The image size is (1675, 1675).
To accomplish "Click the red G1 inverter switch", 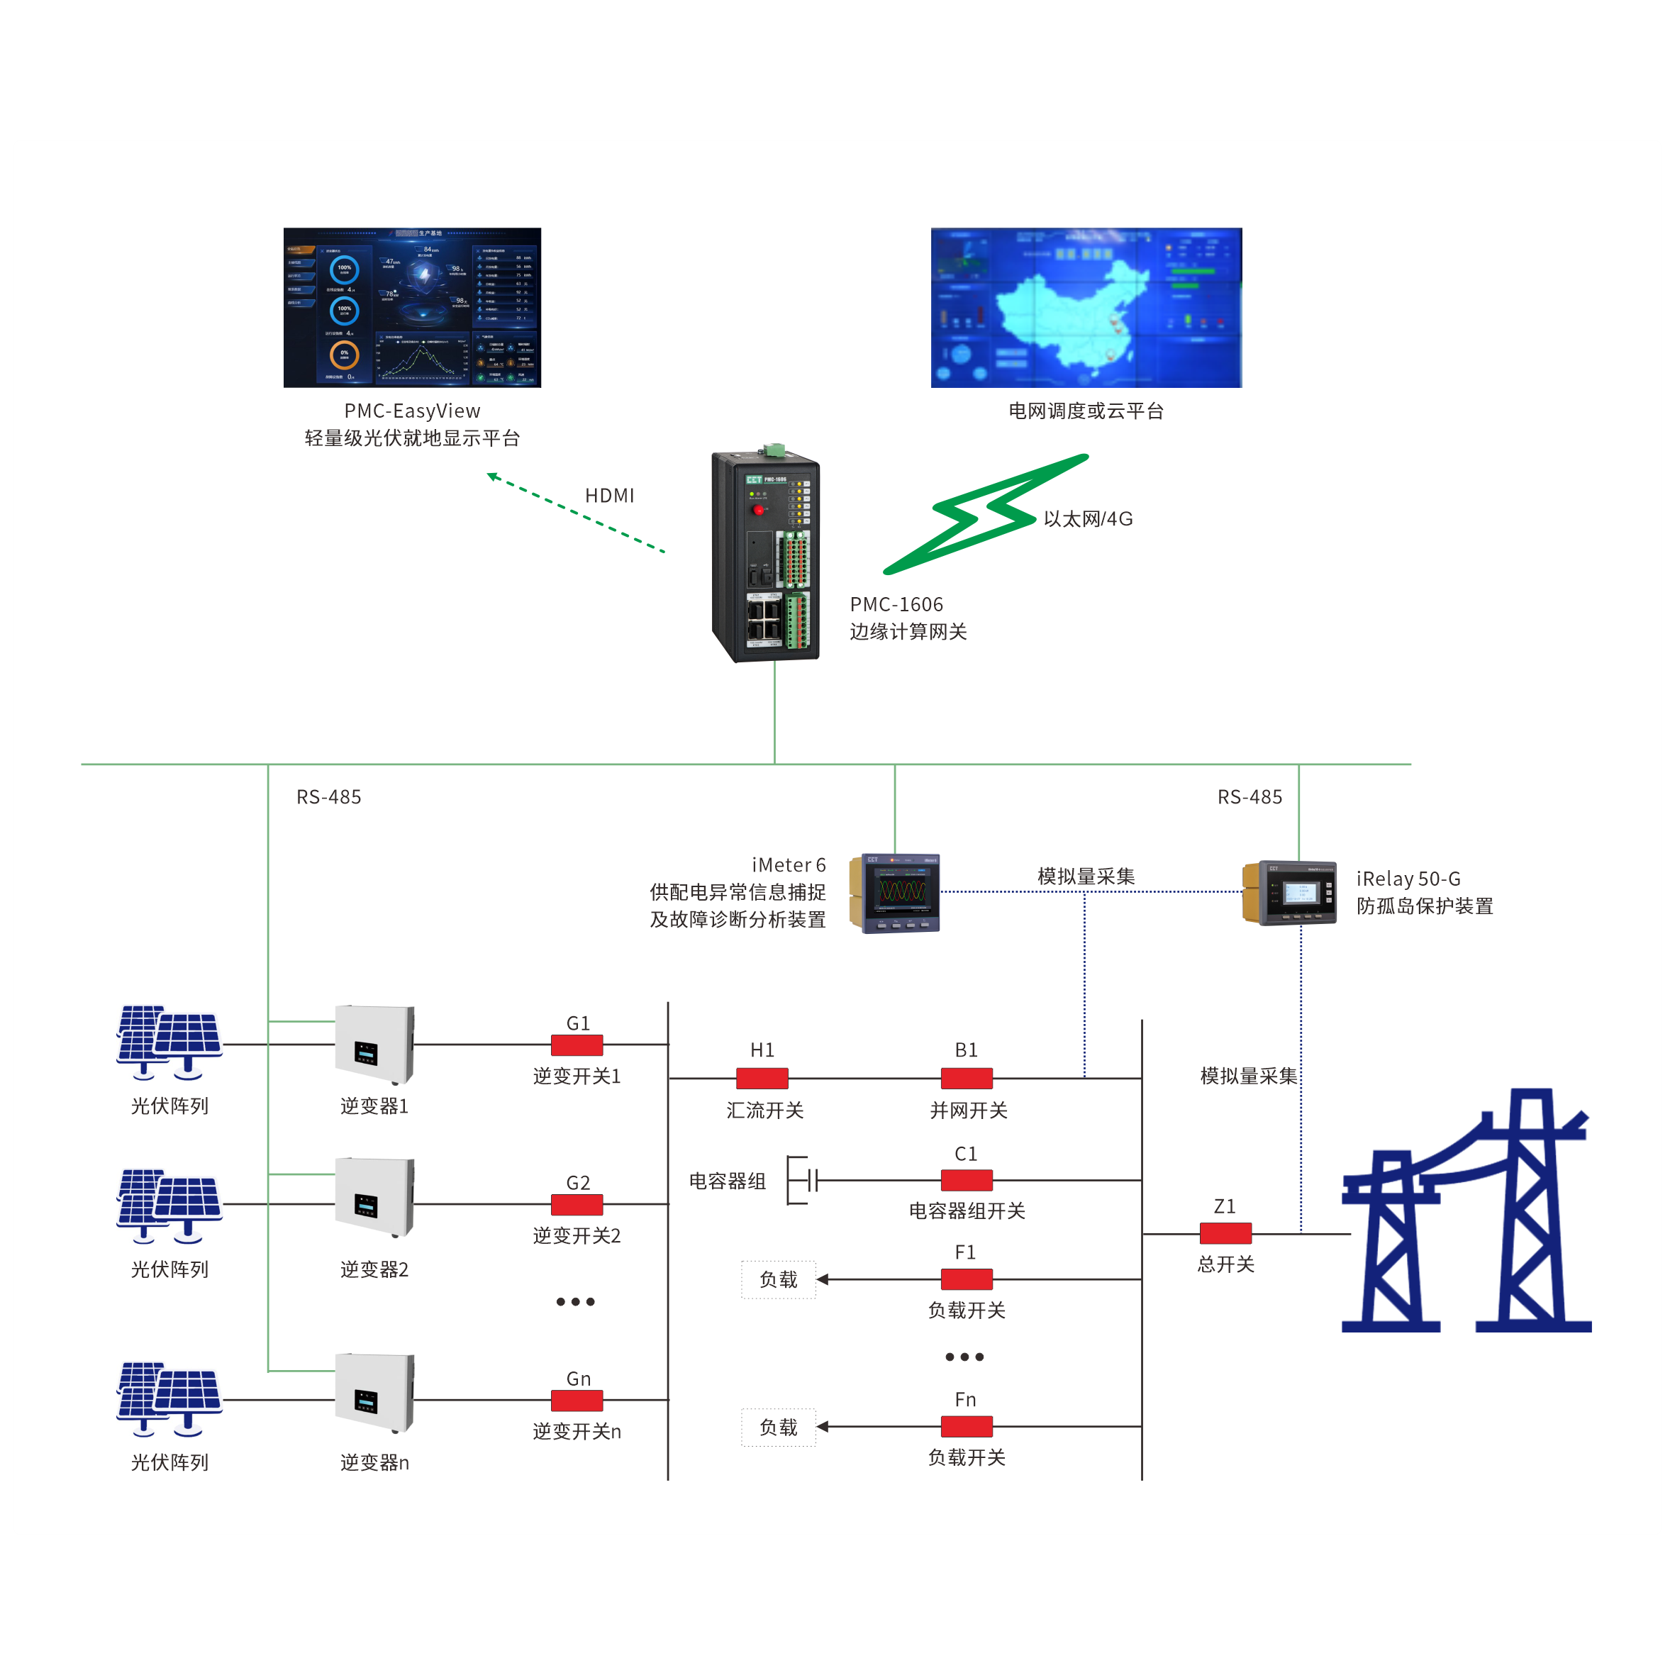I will pyautogui.click(x=577, y=1045).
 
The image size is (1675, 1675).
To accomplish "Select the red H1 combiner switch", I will pyautogui.click(x=762, y=1078).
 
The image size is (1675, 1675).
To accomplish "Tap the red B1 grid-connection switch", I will pyautogui.click(x=967, y=1078).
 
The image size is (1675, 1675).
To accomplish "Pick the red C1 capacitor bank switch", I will pyautogui.click(x=967, y=1180).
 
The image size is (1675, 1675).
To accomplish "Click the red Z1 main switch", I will pyautogui.click(x=1225, y=1232).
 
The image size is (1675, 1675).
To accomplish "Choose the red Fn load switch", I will pyautogui.click(x=967, y=1426).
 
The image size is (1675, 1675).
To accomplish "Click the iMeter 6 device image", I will pyautogui.click(x=896, y=893).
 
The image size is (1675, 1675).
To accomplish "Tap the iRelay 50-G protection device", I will pyautogui.click(x=1290, y=893).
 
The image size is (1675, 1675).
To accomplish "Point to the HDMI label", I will pyautogui.click(x=609, y=495).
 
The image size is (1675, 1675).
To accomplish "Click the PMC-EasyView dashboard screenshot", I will pyautogui.click(x=412, y=307).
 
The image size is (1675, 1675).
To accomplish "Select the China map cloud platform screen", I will pyautogui.click(x=1086, y=307).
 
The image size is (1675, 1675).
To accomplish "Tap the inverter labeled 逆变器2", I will pyautogui.click(x=374, y=1197).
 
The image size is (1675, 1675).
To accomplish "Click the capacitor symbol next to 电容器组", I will pyautogui.click(x=806, y=1180).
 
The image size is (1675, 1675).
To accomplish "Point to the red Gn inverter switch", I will pyautogui.click(x=577, y=1399).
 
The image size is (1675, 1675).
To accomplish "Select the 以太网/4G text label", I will pyautogui.click(x=1087, y=518).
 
